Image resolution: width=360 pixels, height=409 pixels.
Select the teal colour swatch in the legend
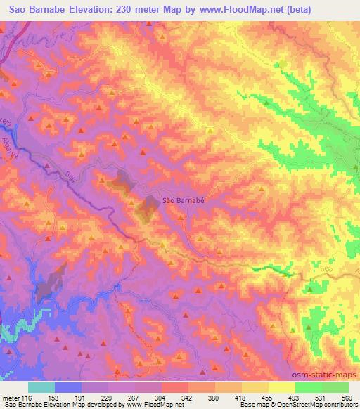[x=41, y=387]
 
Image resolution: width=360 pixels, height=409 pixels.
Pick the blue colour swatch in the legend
[x=67, y=387]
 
